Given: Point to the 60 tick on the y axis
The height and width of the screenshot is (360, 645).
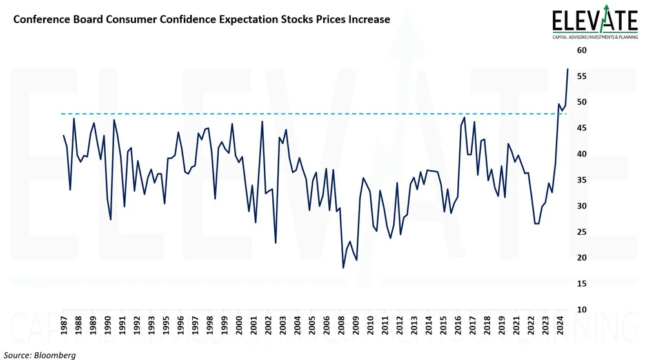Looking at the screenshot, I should click(x=581, y=50).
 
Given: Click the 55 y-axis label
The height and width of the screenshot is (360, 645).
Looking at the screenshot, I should click(x=581, y=76).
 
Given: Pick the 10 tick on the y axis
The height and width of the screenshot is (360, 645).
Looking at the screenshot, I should click(x=581, y=310).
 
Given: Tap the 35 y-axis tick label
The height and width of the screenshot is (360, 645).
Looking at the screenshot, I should click(x=581, y=180).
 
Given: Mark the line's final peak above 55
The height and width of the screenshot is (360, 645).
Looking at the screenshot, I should click(x=568, y=68).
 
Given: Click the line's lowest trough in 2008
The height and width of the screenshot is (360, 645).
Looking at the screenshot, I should click(x=343, y=268).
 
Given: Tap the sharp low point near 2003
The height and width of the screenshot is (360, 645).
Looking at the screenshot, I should click(x=276, y=243).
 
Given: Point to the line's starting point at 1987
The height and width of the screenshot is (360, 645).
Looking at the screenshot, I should click(x=63, y=135).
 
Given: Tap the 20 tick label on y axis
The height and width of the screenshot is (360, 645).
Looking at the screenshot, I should click(x=581, y=257).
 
